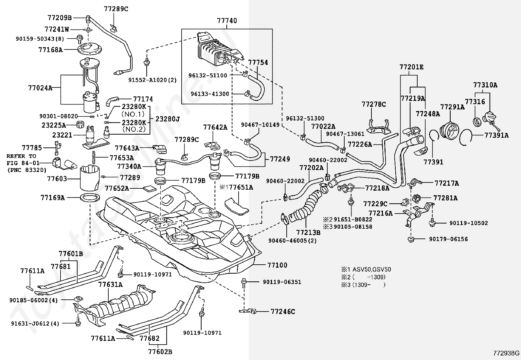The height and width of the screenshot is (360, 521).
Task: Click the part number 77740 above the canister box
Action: (227, 21)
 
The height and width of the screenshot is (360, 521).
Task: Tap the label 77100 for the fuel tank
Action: (277, 265)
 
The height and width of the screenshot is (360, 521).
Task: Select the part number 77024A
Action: (40, 88)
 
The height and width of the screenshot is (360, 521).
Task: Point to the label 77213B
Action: (308, 232)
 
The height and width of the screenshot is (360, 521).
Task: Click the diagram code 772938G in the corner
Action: (506, 353)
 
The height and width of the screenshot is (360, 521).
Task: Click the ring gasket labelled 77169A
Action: (90, 198)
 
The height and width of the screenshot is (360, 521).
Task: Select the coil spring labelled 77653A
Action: (94, 157)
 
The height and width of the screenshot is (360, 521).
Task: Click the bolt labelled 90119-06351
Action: (243, 283)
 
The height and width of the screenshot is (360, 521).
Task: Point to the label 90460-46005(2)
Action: (293, 240)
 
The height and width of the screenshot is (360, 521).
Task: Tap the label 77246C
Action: (283, 312)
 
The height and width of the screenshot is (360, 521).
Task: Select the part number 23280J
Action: (168, 119)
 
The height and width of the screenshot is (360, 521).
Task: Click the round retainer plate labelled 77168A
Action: (90, 49)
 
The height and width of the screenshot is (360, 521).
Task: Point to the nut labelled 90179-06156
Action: (411, 239)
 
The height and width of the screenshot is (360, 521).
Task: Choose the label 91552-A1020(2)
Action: (153, 80)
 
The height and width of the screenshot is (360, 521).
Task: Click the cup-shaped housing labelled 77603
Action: (90, 178)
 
